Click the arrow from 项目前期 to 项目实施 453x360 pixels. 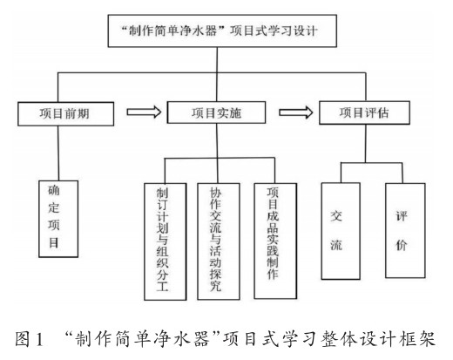[144, 112]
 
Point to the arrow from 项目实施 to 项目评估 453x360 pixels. [296, 112]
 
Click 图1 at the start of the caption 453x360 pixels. [30, 339]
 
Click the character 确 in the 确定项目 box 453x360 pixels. [54, 191]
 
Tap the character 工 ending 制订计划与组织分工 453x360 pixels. [163, 286]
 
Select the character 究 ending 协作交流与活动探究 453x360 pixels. [216, 286]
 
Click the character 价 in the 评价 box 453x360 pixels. [402, 245]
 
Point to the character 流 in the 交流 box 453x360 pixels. [336, 245]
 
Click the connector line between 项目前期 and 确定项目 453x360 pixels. [58, 153]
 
